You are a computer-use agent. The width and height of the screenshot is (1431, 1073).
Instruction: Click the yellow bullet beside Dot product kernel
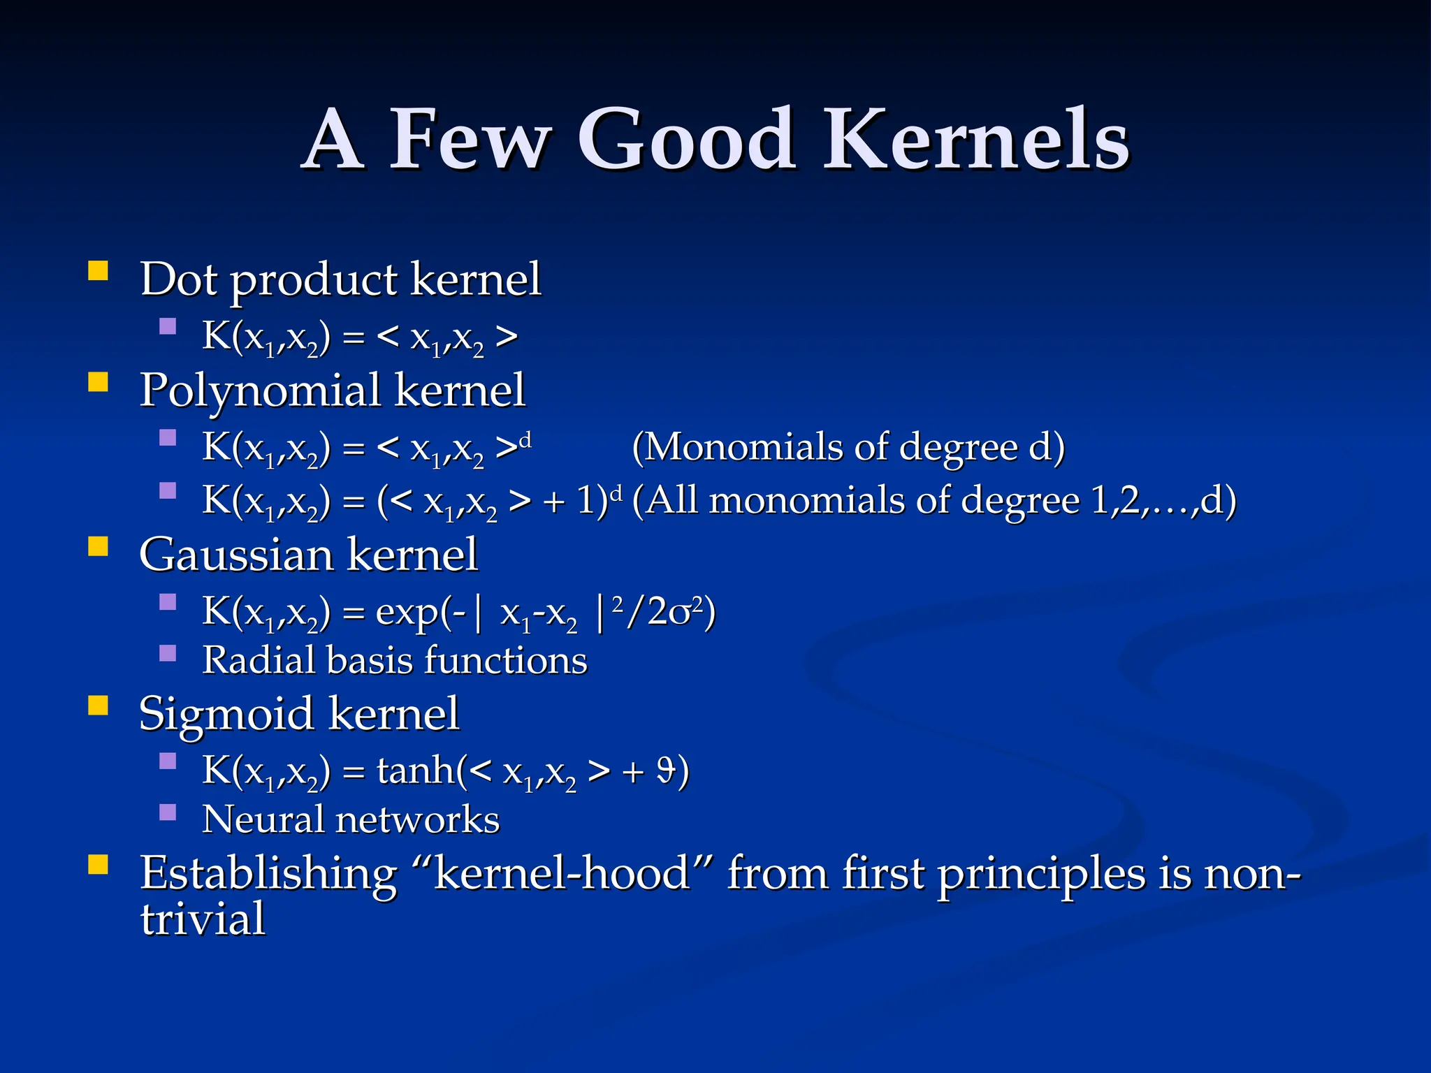(x=99, y=270)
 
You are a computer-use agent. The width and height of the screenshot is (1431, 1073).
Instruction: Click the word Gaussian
(x=236, y=555)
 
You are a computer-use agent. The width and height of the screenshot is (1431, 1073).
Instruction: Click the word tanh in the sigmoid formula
(x=416, y=770)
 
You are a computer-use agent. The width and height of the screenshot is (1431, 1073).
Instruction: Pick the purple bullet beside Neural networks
(x=168, y=812)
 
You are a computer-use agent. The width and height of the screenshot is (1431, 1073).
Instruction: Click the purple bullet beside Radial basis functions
(x=168, y=653)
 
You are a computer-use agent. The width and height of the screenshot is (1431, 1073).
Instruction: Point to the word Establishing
(x=268, y=875)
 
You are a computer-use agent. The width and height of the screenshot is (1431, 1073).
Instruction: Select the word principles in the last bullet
(x=1042, y=875)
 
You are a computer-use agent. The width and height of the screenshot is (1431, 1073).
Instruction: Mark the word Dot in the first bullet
(x=178, y=279)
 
